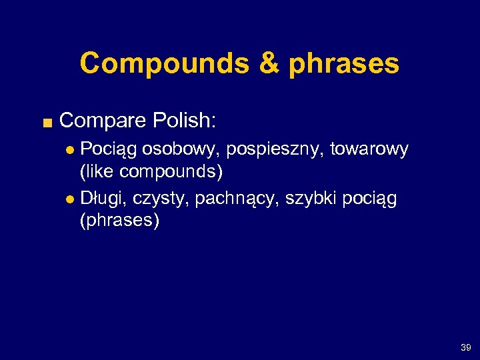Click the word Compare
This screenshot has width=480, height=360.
pyautogui.click(x=102, y=121)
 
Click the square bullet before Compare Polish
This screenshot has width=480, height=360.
pyautogui.click(x=45, y=122)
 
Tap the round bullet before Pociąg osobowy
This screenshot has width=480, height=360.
pyautogui.click(x=73, y=150)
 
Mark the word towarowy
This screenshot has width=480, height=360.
pyautogui.click(x=375, y=150)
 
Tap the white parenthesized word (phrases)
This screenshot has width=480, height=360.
pyautogui.click(x=119, y=221)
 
